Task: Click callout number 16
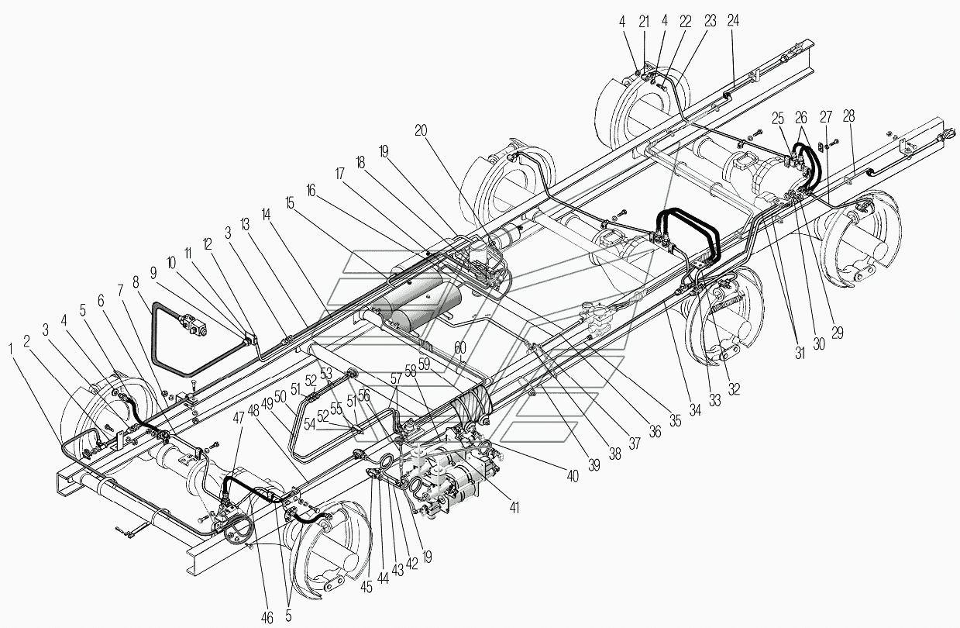pyautogui.click(x=311, y=188)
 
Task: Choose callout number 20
pyautogui.click(x=421, y=131)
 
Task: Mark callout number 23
pyautogui.click(x=709, y=22)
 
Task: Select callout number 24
pyautogui.click(x=733, y=21)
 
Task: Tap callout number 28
pyautogui.click(x=849, y=116)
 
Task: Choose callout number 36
pyautogui.click(x=655, y=432)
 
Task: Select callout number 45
pyautogui.click(x=367, y=587)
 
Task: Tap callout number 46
pyautogui.click(x=268, y=618)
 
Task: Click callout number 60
pyautogui.click(x=460, y=347)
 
